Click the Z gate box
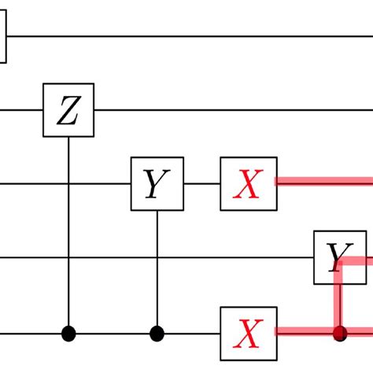[x=68, y=111]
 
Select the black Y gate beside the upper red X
[x=157, y=184]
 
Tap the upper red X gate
[x=248, y=184]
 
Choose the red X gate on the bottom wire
[x=248, y=333]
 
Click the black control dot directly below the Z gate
[x=68, y=333]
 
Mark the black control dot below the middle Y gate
[x=157, y=333]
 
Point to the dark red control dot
[x=340, y=333]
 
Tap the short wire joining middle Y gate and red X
[x=201, y=184]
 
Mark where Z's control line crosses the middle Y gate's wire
[x=68, y=184]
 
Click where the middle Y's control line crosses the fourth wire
[x=157, y=257]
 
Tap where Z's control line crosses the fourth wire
[x=68, y=257]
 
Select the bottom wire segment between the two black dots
[x=113, y=333]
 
